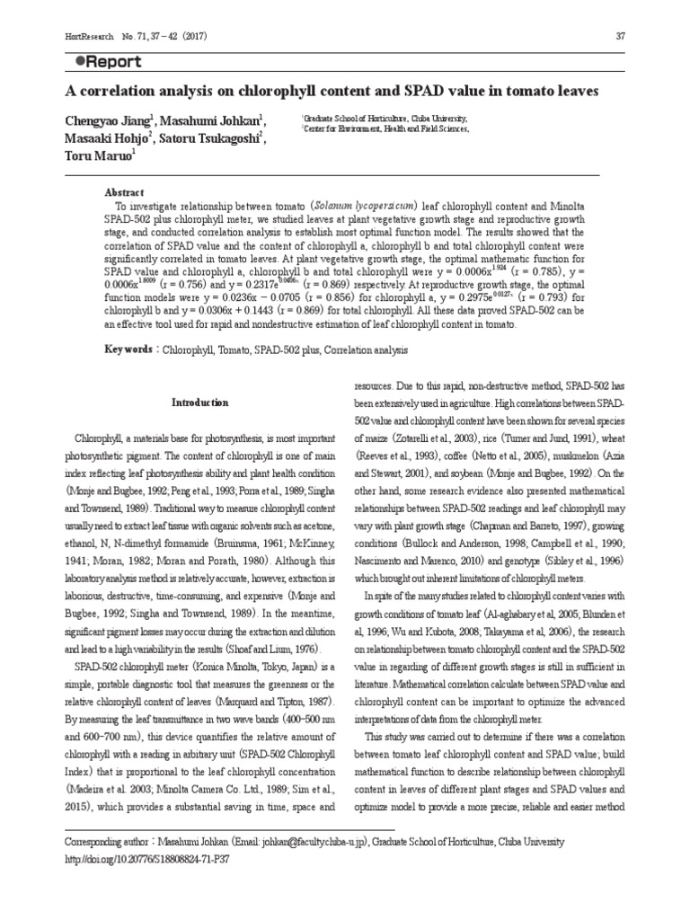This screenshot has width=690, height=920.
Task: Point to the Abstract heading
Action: point(123,193)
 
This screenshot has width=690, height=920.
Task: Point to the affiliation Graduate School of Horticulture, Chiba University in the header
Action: point(386,118)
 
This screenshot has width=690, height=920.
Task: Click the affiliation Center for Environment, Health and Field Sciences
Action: point(387,129)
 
